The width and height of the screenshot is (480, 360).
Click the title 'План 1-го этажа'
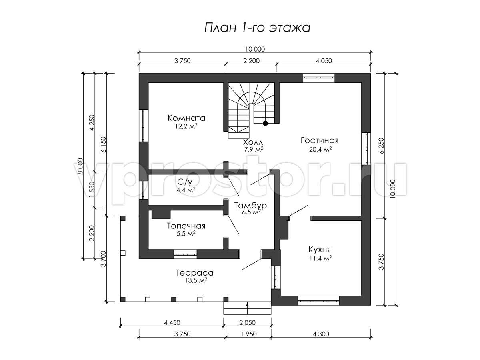click(x=257, y=28)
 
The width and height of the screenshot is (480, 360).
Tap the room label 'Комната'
click(x=186, y=118)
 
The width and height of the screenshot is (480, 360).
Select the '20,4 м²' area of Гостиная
click(x=320, y=149)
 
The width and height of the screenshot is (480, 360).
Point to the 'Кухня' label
click(x=320, y=249)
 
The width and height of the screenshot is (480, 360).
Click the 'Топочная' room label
click(x=186, y=226)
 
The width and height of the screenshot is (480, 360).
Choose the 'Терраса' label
click(x=195, y=273)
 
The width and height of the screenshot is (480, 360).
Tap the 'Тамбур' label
click(x=250, y=206)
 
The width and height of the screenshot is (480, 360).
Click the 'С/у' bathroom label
click(x=185, y=182)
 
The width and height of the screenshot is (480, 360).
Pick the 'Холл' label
click(x=253, y=142)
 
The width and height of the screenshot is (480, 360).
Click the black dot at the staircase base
click(x=265, y=123)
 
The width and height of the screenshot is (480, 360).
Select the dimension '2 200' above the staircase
click(x=252, y=60)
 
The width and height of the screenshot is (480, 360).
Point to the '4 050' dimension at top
click(x=324, y=60)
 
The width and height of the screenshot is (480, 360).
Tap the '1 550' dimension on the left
click(x=92, y=190)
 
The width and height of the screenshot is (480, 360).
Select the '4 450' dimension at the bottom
click(x=172, y=323)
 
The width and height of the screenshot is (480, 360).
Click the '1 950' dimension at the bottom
click(x=248, y=334)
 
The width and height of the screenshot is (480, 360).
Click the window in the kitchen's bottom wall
click(x=318, y=301)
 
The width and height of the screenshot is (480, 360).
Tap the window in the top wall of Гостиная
click(x=319, y=78)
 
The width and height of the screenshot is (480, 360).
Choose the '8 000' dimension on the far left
click(x=80, y=166)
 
